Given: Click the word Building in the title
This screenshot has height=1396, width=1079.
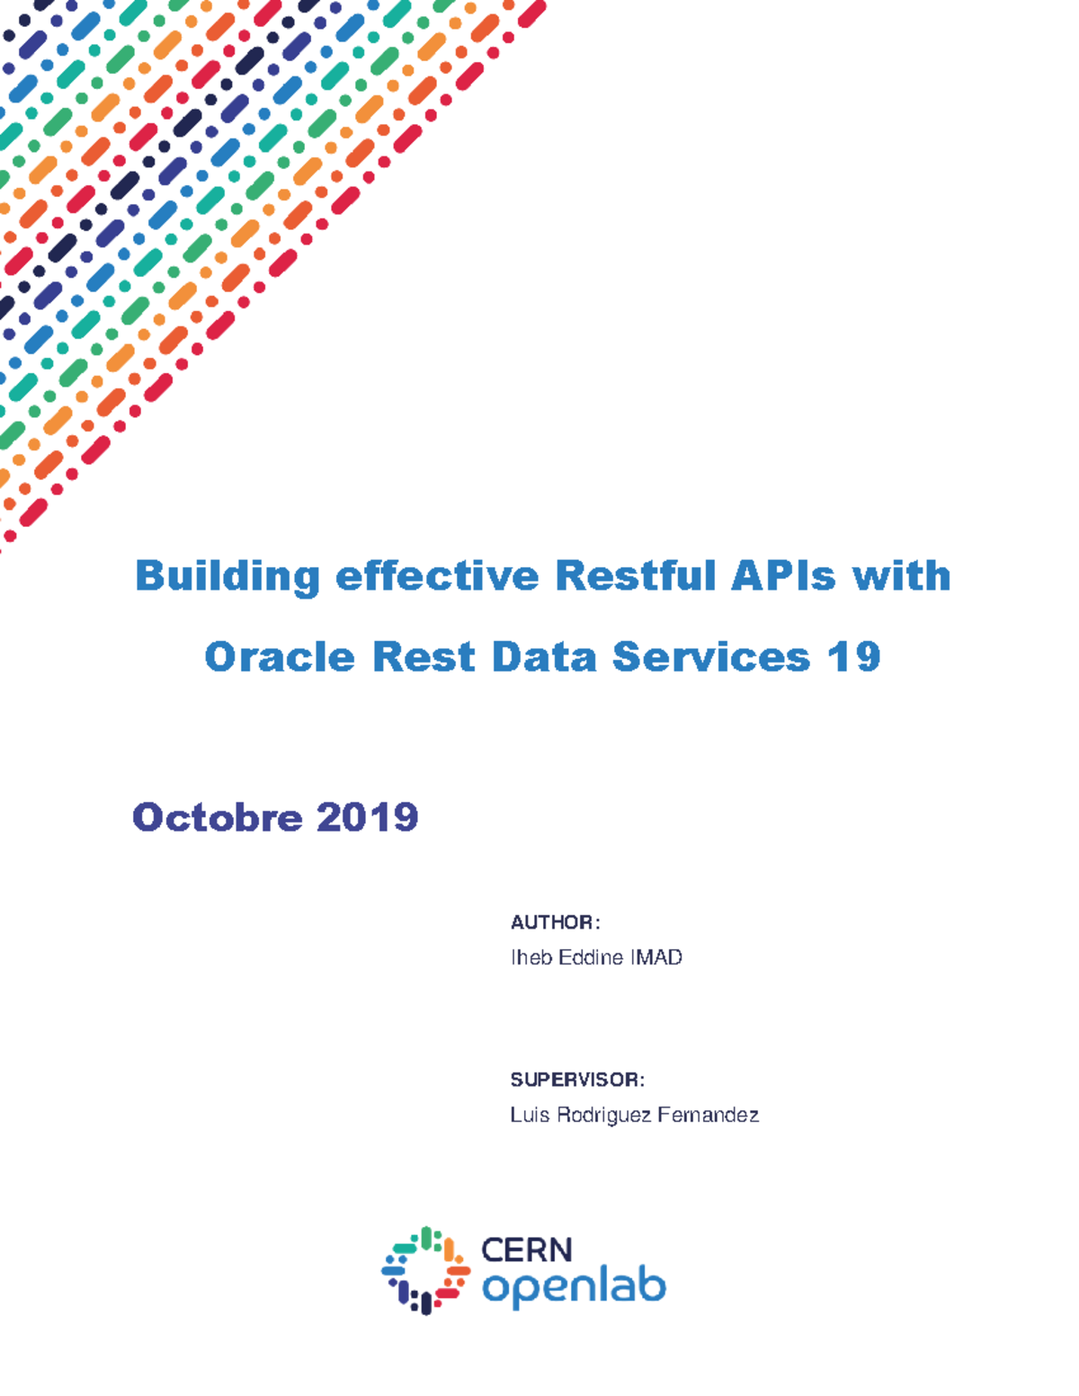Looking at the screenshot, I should click(227, 576).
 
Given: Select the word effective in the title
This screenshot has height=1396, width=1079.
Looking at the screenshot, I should click(437, 576).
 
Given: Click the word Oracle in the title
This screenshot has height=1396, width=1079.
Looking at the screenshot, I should click(280, 657).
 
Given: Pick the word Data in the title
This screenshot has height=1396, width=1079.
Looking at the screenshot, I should click(544, 657).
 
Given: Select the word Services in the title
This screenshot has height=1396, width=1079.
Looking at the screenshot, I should click(711, 657).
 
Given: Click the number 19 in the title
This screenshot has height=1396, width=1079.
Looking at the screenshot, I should click(854, 657).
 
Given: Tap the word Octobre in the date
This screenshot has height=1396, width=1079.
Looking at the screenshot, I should click(217, 817).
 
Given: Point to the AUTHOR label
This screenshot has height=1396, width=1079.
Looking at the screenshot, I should click(552, 922).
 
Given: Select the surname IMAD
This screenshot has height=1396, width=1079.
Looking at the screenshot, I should click(656, 957).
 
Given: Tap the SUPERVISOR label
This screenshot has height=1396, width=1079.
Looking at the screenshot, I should click(575, 1080).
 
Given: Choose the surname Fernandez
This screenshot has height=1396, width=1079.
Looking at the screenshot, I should click(708, 1115).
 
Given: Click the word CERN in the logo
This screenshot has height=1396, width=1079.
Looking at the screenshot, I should click(527, 1249).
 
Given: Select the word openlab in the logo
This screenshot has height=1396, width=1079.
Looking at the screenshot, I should click(574, 1287).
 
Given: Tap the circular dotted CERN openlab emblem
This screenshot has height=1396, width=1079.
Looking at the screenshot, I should click(425, 1270).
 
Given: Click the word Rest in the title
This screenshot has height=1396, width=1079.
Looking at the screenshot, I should click(424, 657).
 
